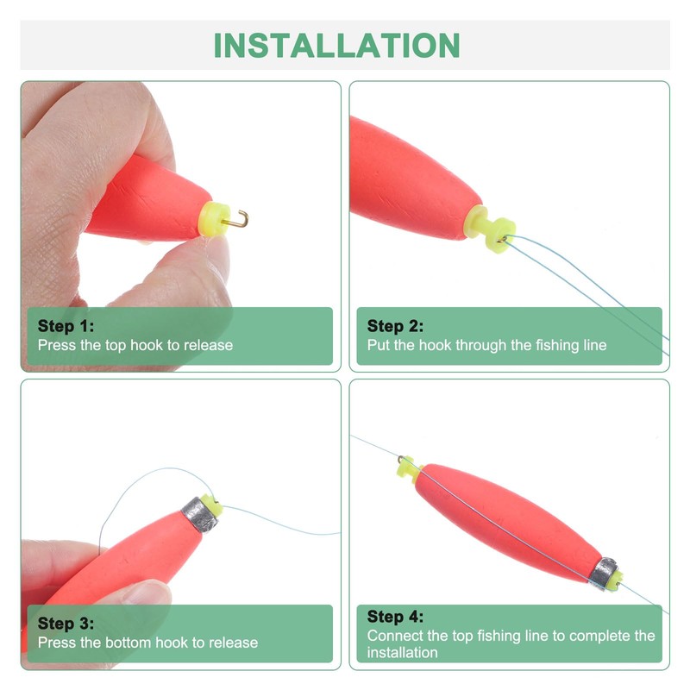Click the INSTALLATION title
pos(336,45)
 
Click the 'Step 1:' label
pos(66,326)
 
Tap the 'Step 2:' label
pos(396,326)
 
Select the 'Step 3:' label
pos(66,624)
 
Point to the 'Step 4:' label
pos(396,617)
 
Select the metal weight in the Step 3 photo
pos(198,514)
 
